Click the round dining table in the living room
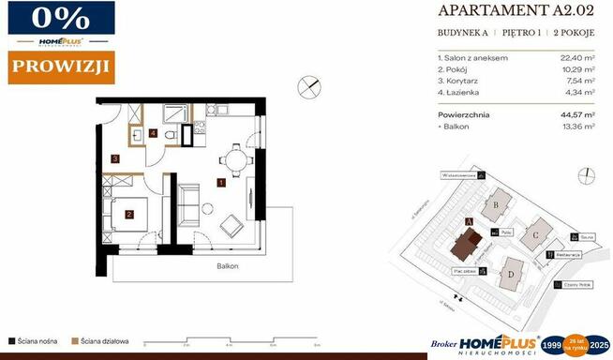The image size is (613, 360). pyautogui.click(x=236, y=160)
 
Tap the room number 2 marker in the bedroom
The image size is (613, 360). pyautogui.click(x=129, y=213)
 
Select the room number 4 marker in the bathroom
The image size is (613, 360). pyautogui.click(x=153, y=133)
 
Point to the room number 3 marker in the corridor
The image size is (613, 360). pyautogui.click(x=114, y=159)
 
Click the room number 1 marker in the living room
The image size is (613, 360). pyautogui.click(x=220, y=183)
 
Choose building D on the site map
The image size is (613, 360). pyautogui.click(x=511, y=275)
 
